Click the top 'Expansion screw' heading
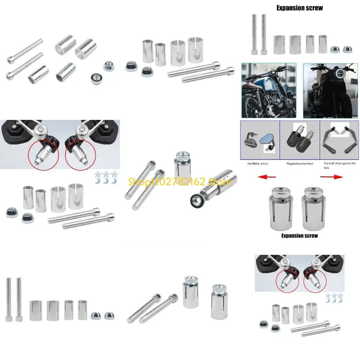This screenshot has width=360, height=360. (300, 8)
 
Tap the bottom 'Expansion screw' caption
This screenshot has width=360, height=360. (300, 236)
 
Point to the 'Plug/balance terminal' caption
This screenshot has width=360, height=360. (300, 163)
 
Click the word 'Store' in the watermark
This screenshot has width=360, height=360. (220, 182)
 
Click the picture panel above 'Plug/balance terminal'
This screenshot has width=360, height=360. (300, 140)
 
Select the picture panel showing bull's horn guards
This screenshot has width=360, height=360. (339, 140)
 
